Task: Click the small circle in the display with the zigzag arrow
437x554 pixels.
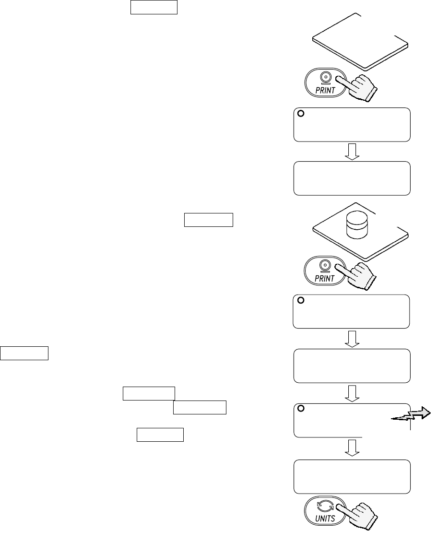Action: tap(301, 409)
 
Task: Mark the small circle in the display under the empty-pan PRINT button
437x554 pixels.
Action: tap(301, 114)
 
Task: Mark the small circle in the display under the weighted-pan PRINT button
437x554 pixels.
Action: tap(301, 301)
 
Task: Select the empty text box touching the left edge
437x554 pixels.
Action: tap(24, 353)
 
